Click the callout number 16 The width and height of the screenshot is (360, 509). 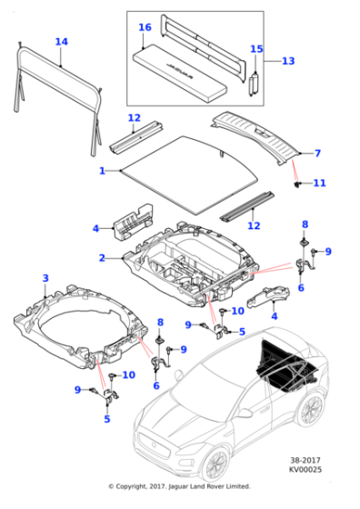[x=145, y=27]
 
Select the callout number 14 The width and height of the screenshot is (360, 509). [x=61, y=42]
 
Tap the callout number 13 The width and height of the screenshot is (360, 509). [x=288, y=61]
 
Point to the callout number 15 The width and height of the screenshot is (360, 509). [x=256, y=49]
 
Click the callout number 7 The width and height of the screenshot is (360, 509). [x=317, y=154]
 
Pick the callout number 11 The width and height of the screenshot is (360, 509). [x=319, y=183]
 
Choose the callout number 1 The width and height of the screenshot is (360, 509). [x=102, y=171]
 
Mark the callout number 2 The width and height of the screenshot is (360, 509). [x=102, y=258]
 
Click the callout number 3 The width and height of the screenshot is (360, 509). [x=45, y=278]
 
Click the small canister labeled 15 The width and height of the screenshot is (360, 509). [x=254, y=85]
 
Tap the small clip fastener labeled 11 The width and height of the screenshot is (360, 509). [x=296, y=185]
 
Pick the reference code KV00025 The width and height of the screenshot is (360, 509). [x=305, y=469]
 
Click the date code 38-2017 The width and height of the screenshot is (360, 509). [x=305, y=460]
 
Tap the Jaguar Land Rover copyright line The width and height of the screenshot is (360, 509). [x=179, y=486]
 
